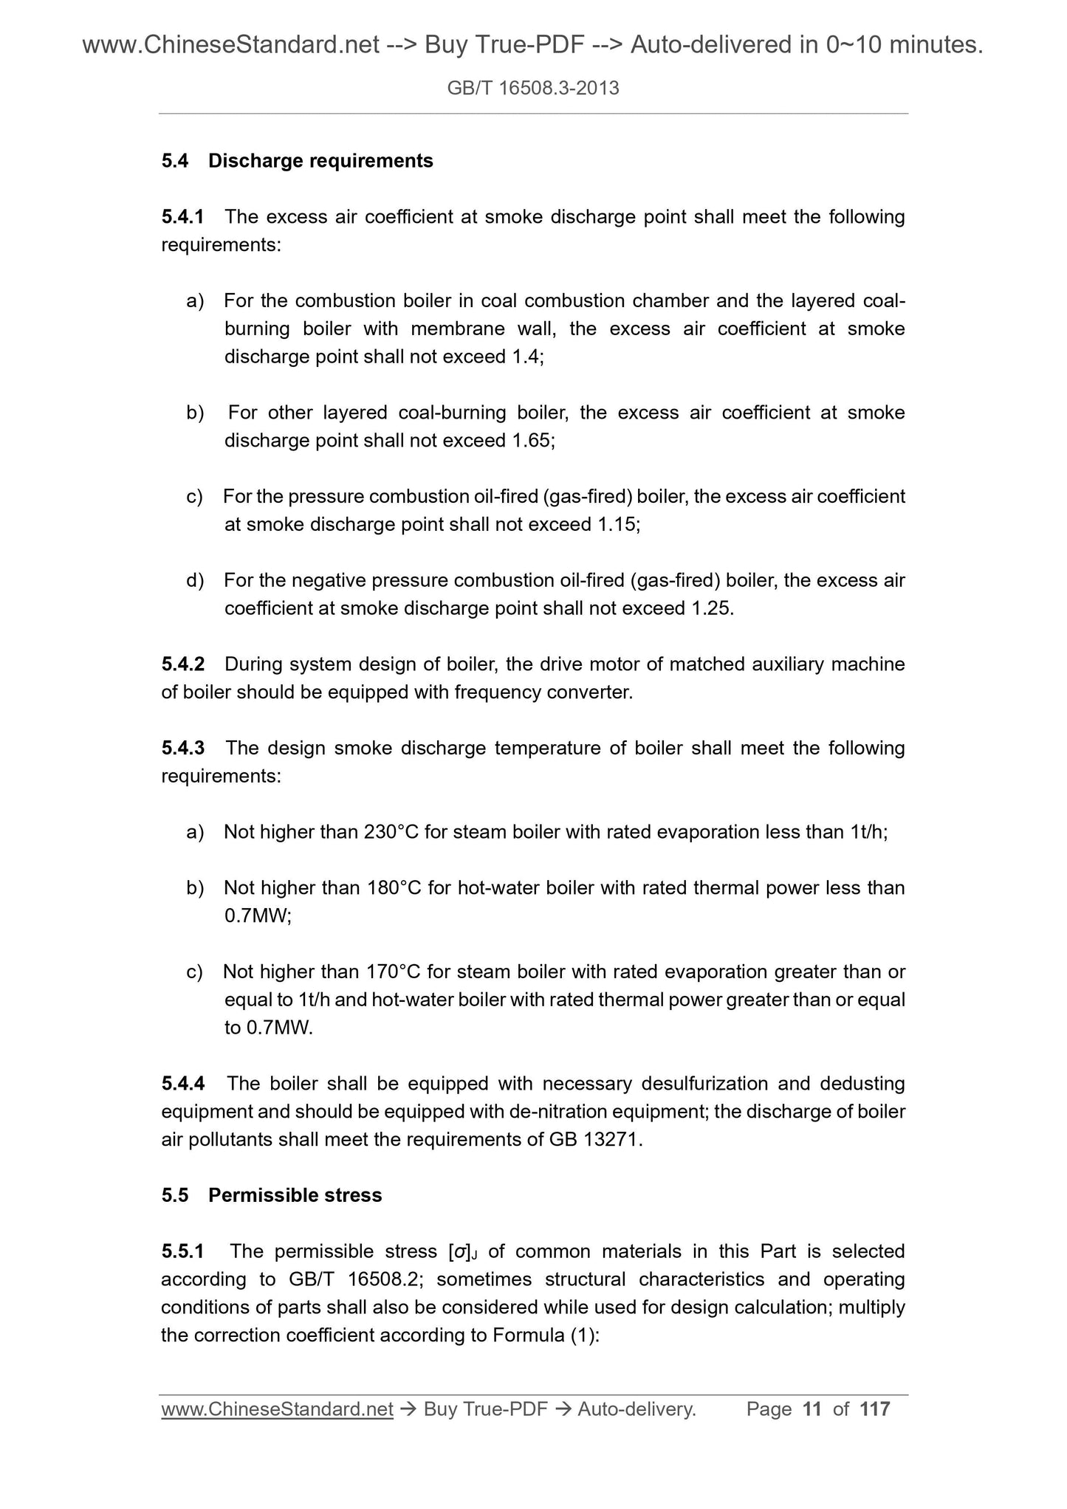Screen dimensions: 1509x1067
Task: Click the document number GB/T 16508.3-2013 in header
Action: pos(533,89)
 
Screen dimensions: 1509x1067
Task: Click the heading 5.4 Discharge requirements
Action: pos(297,161)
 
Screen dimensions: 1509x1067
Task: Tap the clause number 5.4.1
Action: pos(182,217)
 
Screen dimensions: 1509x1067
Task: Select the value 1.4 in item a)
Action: pos(525,357)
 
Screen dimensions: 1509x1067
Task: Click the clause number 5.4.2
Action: pos(182,664)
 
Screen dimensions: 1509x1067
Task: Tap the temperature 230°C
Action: pos(391,833)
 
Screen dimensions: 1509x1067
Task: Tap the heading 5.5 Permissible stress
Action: pos(271,1196)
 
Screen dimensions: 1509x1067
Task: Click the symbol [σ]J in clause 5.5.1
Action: pos(463,1252)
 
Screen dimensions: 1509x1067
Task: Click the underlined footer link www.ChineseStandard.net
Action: pos(277,1410)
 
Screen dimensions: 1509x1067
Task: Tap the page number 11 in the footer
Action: pos(812,1410)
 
